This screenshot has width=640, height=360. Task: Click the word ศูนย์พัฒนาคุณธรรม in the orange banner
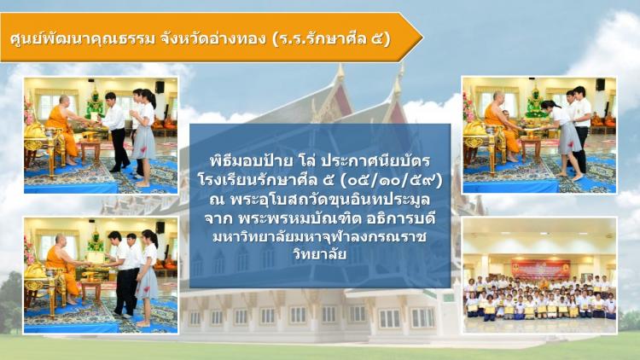[83, 38]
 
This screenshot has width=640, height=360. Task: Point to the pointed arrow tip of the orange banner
[422, 38]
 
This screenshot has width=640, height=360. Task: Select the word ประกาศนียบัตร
[375, 160]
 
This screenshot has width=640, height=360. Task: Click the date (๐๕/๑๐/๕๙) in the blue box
[393, 180]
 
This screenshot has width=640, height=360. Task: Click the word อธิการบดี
[400, 218]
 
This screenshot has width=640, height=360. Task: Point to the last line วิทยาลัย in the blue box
[320, 254]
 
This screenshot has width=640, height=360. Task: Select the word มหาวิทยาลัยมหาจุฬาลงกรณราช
[320, 237]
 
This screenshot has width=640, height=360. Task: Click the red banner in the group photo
[540, 269]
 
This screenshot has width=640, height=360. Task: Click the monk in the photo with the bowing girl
[500, 122]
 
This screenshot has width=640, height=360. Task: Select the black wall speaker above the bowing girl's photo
[600, 84]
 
